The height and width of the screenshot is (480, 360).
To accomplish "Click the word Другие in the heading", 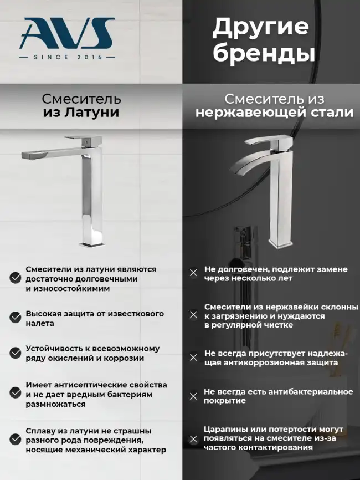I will tap(260, 27).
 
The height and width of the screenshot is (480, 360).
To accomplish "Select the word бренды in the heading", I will tap(264, 54).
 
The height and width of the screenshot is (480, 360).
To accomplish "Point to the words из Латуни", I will tap(81, 113).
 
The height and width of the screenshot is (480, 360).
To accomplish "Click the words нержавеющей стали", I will tap(274, 113).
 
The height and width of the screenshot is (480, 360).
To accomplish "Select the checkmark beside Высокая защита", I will tap(15, 318).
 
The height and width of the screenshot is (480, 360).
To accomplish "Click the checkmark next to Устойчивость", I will tap(15, 353).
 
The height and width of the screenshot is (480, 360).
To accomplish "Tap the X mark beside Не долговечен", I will tap(193, 273).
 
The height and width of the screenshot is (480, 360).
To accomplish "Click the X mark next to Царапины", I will tap(193, 440).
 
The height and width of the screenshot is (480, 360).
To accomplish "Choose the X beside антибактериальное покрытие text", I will tap(193, 396).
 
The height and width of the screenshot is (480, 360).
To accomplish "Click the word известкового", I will tap(135, 314).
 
